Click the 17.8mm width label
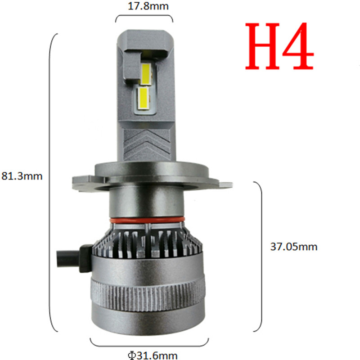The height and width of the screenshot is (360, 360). (144, 7)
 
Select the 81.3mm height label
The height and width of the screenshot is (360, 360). (22, 176)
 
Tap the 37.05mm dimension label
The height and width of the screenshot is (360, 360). (293, 247)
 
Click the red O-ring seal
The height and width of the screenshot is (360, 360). (146, 220)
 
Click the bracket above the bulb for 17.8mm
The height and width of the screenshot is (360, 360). (144, 18)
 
